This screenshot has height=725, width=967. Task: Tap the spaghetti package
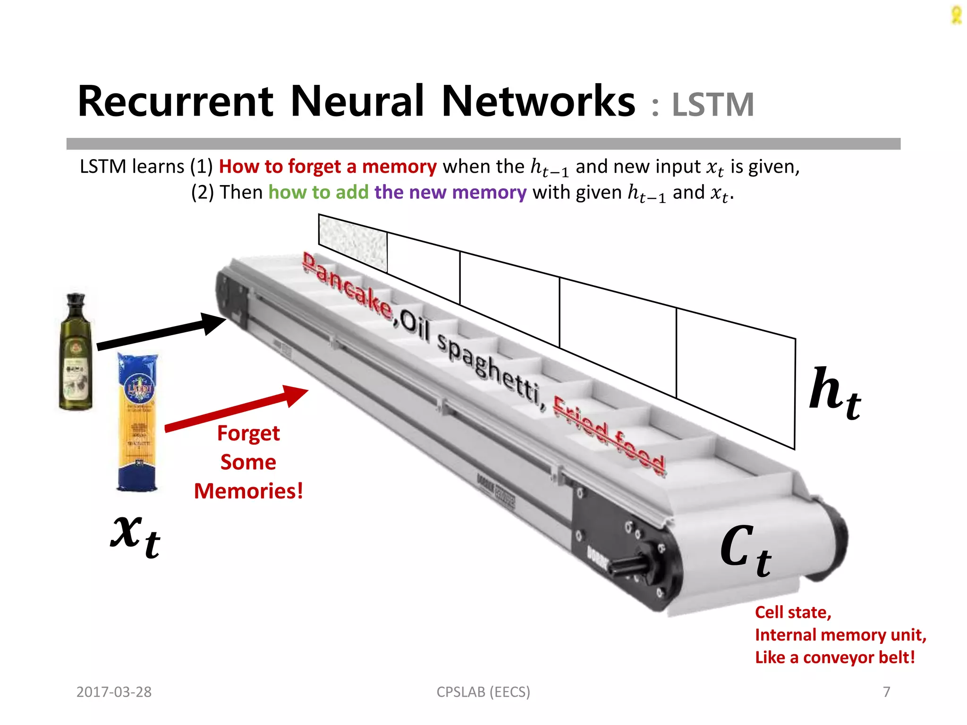pyautogui.click(x=137, y=422)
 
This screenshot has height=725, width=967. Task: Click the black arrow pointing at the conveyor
pyautogui.click(x=161, y=333)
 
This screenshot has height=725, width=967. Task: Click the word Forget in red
pyautogui.click(x=248, y=433)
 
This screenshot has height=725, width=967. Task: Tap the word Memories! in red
pyautogui.click(x=248, y=491)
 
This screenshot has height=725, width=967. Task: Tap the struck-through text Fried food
pyautogui.click(x=609, y=437)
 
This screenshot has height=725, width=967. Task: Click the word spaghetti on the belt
pyautogui.click(x=489, y=368)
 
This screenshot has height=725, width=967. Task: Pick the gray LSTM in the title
pyautogui.click(x=713, y=105)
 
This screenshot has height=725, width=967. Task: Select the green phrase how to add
pyautogui.click(x=318, y=193)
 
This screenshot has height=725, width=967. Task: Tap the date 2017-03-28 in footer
pyautogui.click(x=114, y=692)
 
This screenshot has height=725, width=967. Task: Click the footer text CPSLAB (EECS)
pyautogui.click(x=483, y=692)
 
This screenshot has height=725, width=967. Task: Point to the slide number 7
pyautogui.click(x=886, y=692)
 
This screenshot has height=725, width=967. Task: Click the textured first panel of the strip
pyautogui.click(x=353, y=243)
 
